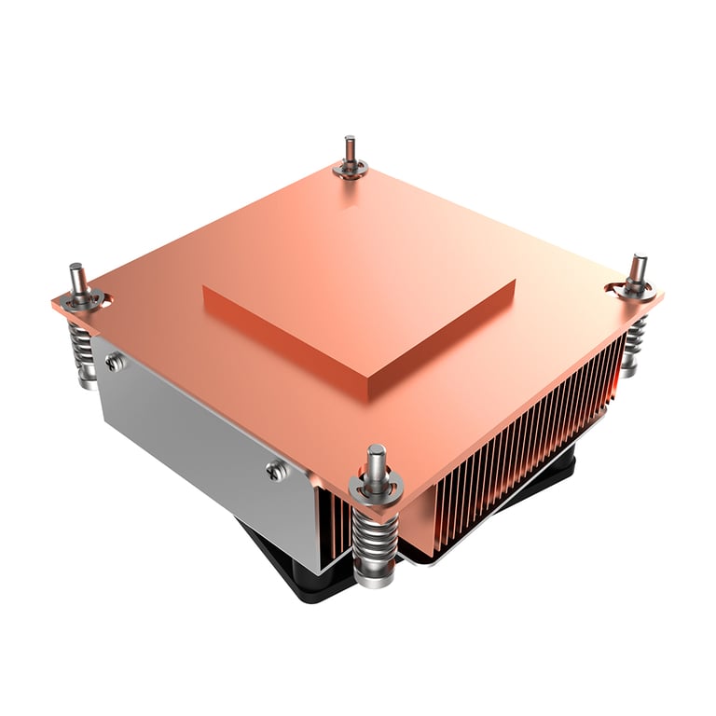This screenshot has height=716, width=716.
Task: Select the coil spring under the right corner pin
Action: click(x=635, y=340)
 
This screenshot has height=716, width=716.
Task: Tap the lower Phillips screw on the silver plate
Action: click(x=274, y=471)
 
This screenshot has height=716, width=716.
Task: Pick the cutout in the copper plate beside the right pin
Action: click(x=616, y=286)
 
